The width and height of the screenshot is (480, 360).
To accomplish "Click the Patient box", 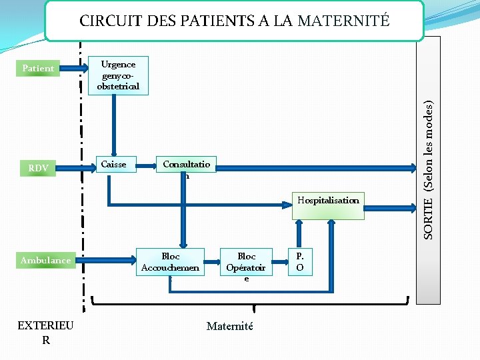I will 38,68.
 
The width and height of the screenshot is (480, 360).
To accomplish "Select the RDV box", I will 38,168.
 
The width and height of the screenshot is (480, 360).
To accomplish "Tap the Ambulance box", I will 45,260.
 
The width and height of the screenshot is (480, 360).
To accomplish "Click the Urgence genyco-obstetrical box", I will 118,75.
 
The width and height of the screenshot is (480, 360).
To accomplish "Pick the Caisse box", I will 113,164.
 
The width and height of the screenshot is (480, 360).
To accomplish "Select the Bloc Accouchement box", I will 170,262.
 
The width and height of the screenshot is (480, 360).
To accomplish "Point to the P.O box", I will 300,261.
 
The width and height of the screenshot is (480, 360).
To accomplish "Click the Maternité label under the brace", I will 230,326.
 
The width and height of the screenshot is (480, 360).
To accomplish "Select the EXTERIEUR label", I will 46,332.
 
